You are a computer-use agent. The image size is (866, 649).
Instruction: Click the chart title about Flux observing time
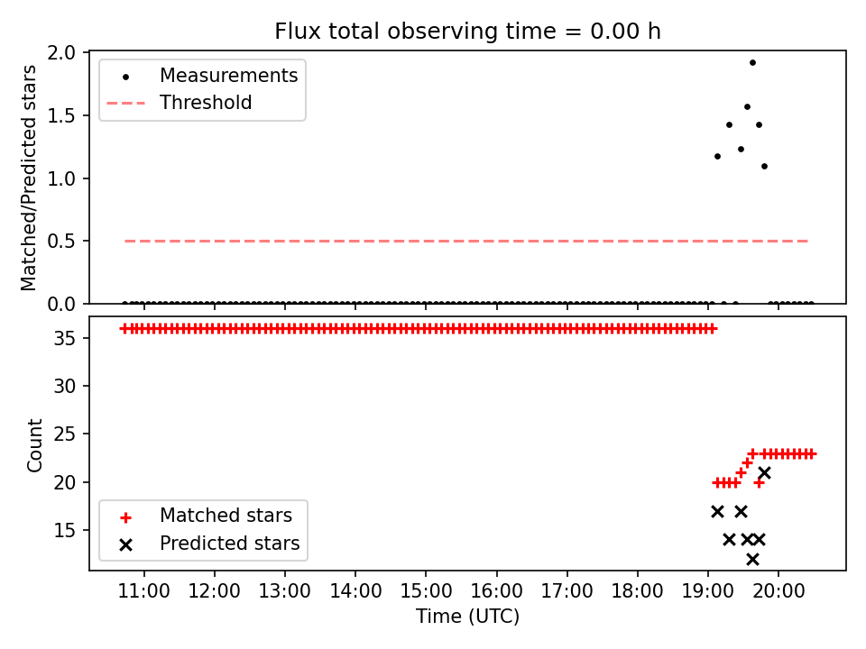pos(468,31)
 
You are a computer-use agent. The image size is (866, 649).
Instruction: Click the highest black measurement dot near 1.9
pos(752,62)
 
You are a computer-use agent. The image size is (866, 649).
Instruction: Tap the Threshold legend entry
pos(180,103)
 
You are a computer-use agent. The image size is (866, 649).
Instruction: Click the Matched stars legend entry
pos(207,516)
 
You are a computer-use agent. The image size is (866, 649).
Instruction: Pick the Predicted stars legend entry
pos(210,544)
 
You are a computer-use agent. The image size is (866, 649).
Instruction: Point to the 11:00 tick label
pos(144,591)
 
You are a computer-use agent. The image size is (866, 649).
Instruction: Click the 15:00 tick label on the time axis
pos(426,591)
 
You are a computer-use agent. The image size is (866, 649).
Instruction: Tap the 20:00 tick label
pos(778,591)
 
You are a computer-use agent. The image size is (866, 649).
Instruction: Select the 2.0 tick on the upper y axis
pos(61,53)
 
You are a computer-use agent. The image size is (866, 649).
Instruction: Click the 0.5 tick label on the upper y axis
pos(61,242)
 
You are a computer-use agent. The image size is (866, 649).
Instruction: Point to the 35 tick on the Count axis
pos(64,338)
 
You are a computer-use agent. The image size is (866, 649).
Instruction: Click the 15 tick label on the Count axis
pos(64,530)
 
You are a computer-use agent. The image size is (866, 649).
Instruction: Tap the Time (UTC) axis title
pos(468,616)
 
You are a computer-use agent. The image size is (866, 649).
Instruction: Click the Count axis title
pos(34,445)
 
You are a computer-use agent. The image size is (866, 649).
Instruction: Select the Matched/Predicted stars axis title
pos(28,178)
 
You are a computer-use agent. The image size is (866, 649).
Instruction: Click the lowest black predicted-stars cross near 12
pos(752,560)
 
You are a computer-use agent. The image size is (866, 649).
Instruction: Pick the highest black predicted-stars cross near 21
pos(764,473)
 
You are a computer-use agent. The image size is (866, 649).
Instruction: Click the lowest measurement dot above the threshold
pos(764,166)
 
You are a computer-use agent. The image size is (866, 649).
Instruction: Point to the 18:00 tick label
pos(638,591)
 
